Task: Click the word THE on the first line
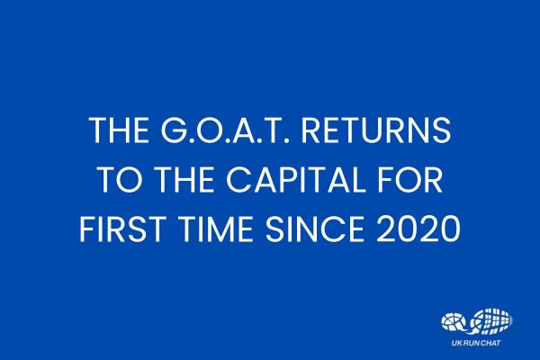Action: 119,130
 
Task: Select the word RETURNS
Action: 376,130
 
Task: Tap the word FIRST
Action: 121,229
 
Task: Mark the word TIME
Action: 213,229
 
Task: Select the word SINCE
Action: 314,229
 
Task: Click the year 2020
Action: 418,229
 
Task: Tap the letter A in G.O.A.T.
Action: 244,130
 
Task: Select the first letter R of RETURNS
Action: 311,130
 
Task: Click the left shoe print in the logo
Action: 454,322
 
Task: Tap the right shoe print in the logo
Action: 491,321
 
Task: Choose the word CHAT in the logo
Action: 490,343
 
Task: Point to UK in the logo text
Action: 455,343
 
